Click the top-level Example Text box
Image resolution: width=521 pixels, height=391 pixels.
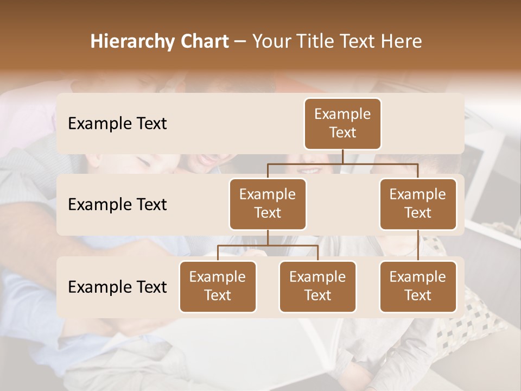(342, 123)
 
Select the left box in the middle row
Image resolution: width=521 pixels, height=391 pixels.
(268, 204)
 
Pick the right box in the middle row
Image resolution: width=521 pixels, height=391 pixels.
(418, 204)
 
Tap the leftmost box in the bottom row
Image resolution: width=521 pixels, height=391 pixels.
(218, 286)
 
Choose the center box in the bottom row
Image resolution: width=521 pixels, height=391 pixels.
(317, 286)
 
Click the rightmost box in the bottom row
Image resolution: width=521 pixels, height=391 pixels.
(418, 286)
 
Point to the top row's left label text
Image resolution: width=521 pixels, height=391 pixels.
(117, 124)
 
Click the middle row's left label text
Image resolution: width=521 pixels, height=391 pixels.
(117, 205)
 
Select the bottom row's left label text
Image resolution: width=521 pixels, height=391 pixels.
(117, 287)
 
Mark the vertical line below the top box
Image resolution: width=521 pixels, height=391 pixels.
(342, 156)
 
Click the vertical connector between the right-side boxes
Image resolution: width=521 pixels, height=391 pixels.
(418, 245)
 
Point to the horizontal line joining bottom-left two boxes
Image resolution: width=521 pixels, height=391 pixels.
(268, 245)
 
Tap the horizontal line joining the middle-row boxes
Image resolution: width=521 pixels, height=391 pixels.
(342, 163)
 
